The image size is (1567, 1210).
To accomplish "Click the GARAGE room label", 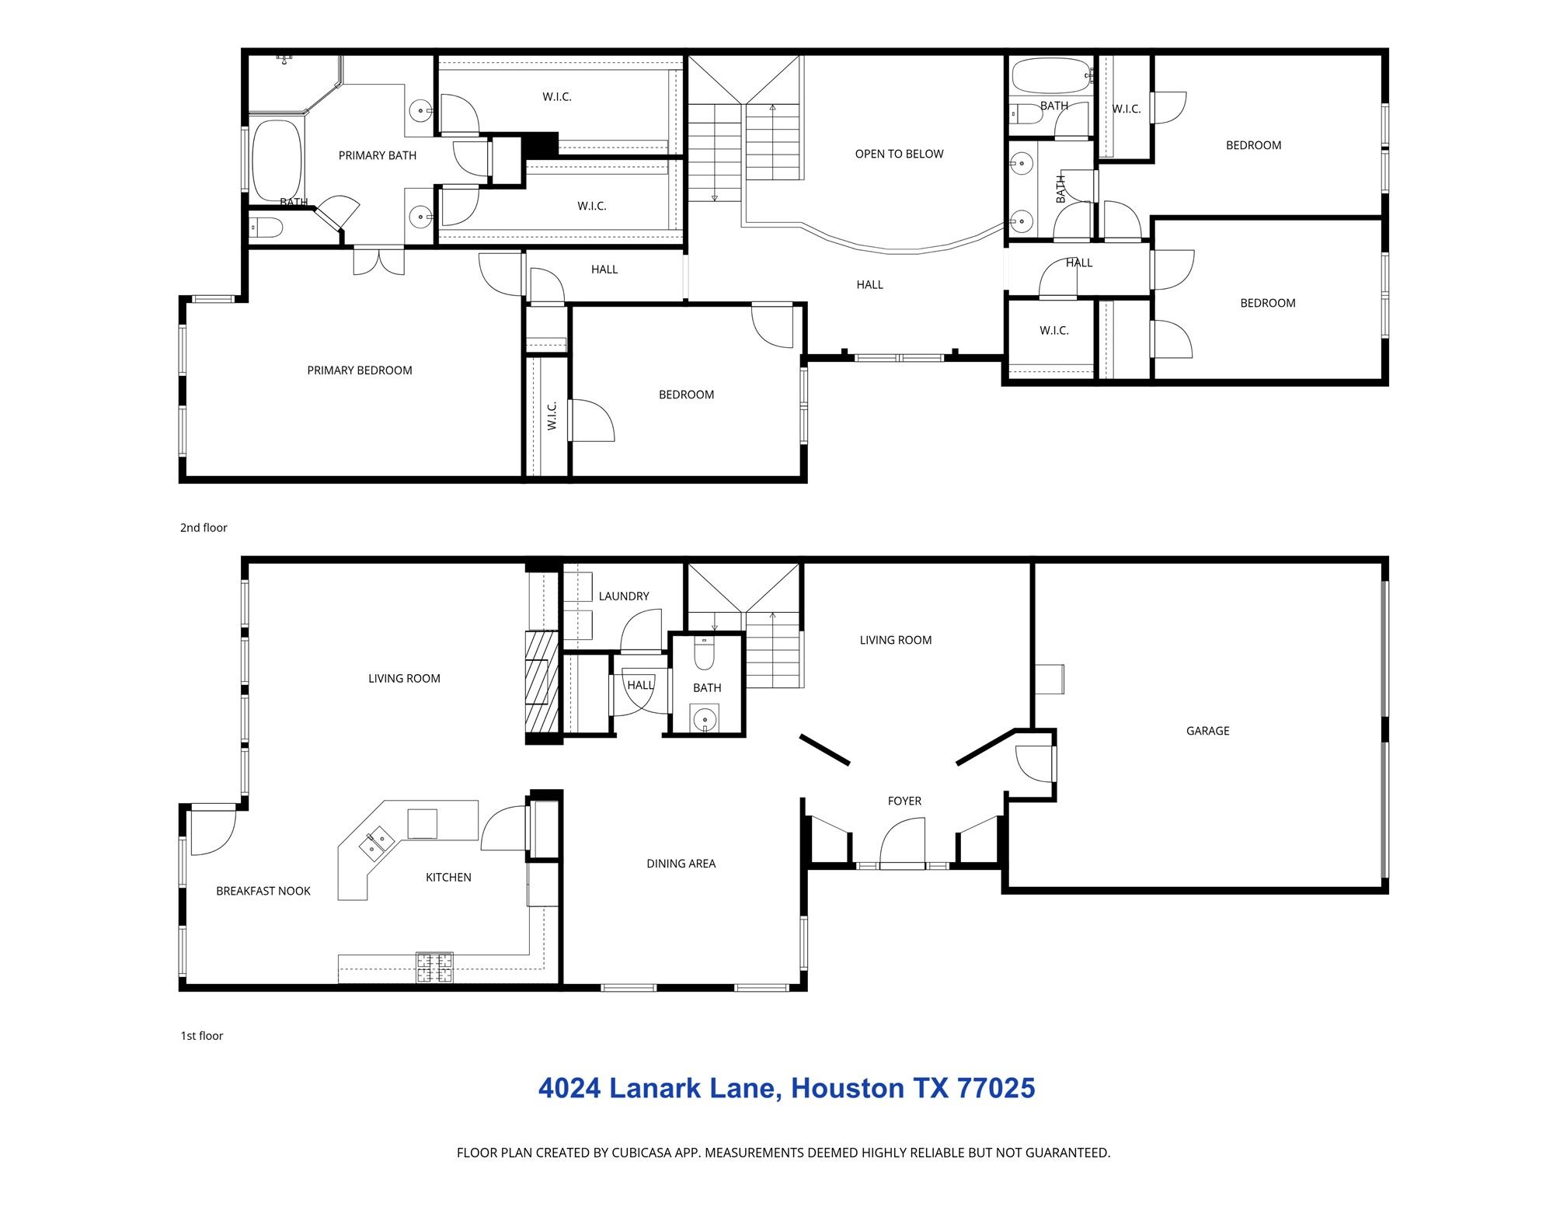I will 1207,731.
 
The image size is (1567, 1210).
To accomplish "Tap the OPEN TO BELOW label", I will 899,154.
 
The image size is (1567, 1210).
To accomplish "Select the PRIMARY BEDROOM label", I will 359,370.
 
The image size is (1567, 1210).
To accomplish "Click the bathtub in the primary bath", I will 277,160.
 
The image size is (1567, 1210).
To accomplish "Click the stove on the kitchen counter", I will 434,968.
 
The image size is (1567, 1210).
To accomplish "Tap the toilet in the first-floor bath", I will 705,654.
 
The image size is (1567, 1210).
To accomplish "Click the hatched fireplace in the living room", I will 541,681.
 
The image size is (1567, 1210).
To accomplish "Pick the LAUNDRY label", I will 623,596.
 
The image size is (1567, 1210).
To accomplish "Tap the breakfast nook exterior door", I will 212,829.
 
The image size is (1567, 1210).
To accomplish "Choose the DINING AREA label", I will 681,864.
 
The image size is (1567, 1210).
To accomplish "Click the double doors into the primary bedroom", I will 378,261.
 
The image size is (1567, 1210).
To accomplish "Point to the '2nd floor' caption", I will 204,528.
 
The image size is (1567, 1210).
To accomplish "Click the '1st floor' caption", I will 202,1036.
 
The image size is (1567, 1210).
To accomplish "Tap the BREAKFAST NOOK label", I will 263,892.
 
